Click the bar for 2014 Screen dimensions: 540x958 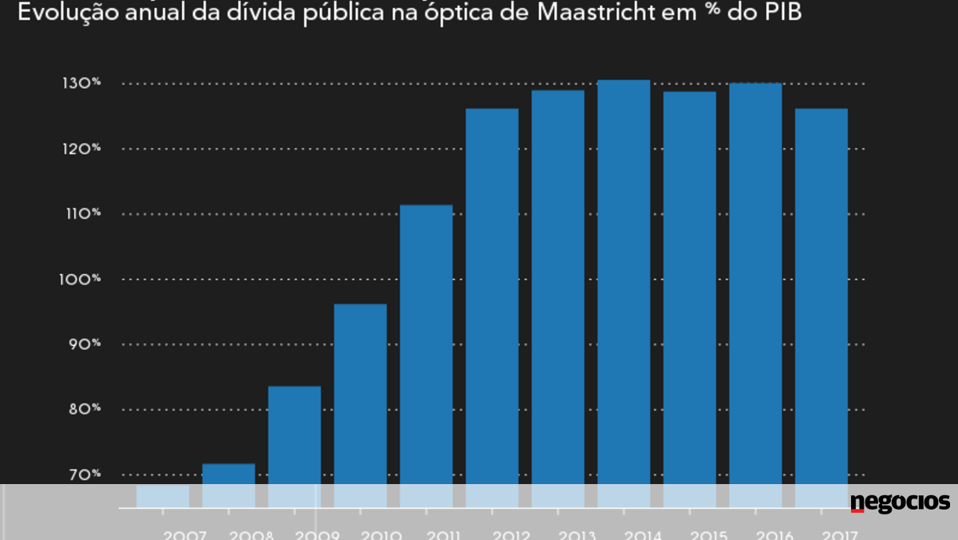click(x=624, y=288)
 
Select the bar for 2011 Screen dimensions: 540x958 click(x=426, y=351)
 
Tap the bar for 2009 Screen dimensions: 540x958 click(x=295, y=439)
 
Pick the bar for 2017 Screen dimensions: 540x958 click(x=821, y=304)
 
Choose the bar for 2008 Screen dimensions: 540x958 click(x=228, y=479)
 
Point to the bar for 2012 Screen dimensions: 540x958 click(x=492, y=304)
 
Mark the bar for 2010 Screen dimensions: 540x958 click(x=360, y=399)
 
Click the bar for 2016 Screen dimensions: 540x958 click(x=755, y=288)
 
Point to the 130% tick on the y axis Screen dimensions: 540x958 click(x=83, y=84)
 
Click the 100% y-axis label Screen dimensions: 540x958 click(x=83, y=280)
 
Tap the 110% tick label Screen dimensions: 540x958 click(x=83, y=214)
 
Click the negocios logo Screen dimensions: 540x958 click(x=900, y=502)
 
